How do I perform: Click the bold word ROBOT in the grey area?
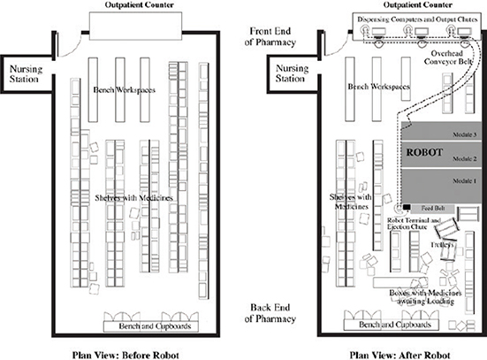tap(425, 152)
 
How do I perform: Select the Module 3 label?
tap(463, 134)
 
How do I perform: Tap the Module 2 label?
tap(463, 158)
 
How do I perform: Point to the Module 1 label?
tap(463, 181)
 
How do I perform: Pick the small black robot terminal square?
tap(406, 208)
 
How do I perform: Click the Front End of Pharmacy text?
tap(272, 35)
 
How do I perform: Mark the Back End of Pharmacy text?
tap(272, 313)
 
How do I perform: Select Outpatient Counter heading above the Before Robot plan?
tap(133, 5)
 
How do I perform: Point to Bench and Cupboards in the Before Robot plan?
tap(149, 326)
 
